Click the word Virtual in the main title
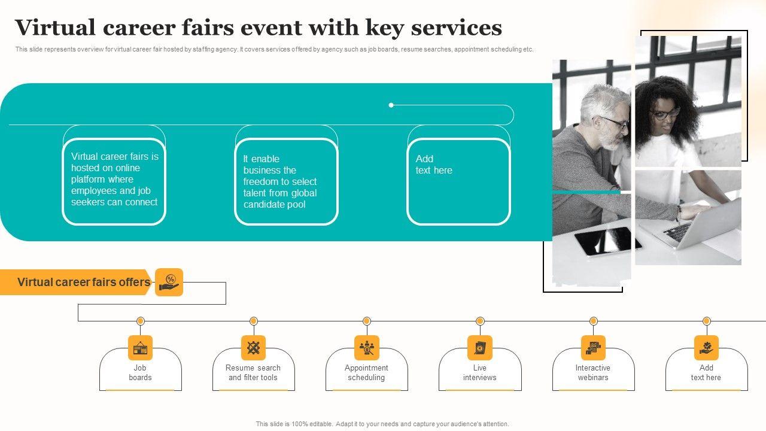(x=55, y=28)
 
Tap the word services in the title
(x=457, y=28)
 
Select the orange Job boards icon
(x=140, y=348)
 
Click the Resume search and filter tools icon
(x=253, y=348)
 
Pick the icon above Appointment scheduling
(x=367, y=348)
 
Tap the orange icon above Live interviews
(x=480, y=348)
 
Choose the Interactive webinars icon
(x=593, y=348)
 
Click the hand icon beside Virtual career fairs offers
(x=169, y=282)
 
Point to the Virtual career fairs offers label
(x=84, y=282)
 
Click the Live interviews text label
(x=480, y=372)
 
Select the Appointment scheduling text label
(x=366, y=372)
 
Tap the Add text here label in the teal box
(x=434, y=165)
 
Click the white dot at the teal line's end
(x=391, y=105)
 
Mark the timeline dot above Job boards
(x=140, y=321)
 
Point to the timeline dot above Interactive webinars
(x=593, y=321)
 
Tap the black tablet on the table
(x=607, y=241)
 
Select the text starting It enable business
(x=280, y=181)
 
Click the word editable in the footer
(x=321, y=424)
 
